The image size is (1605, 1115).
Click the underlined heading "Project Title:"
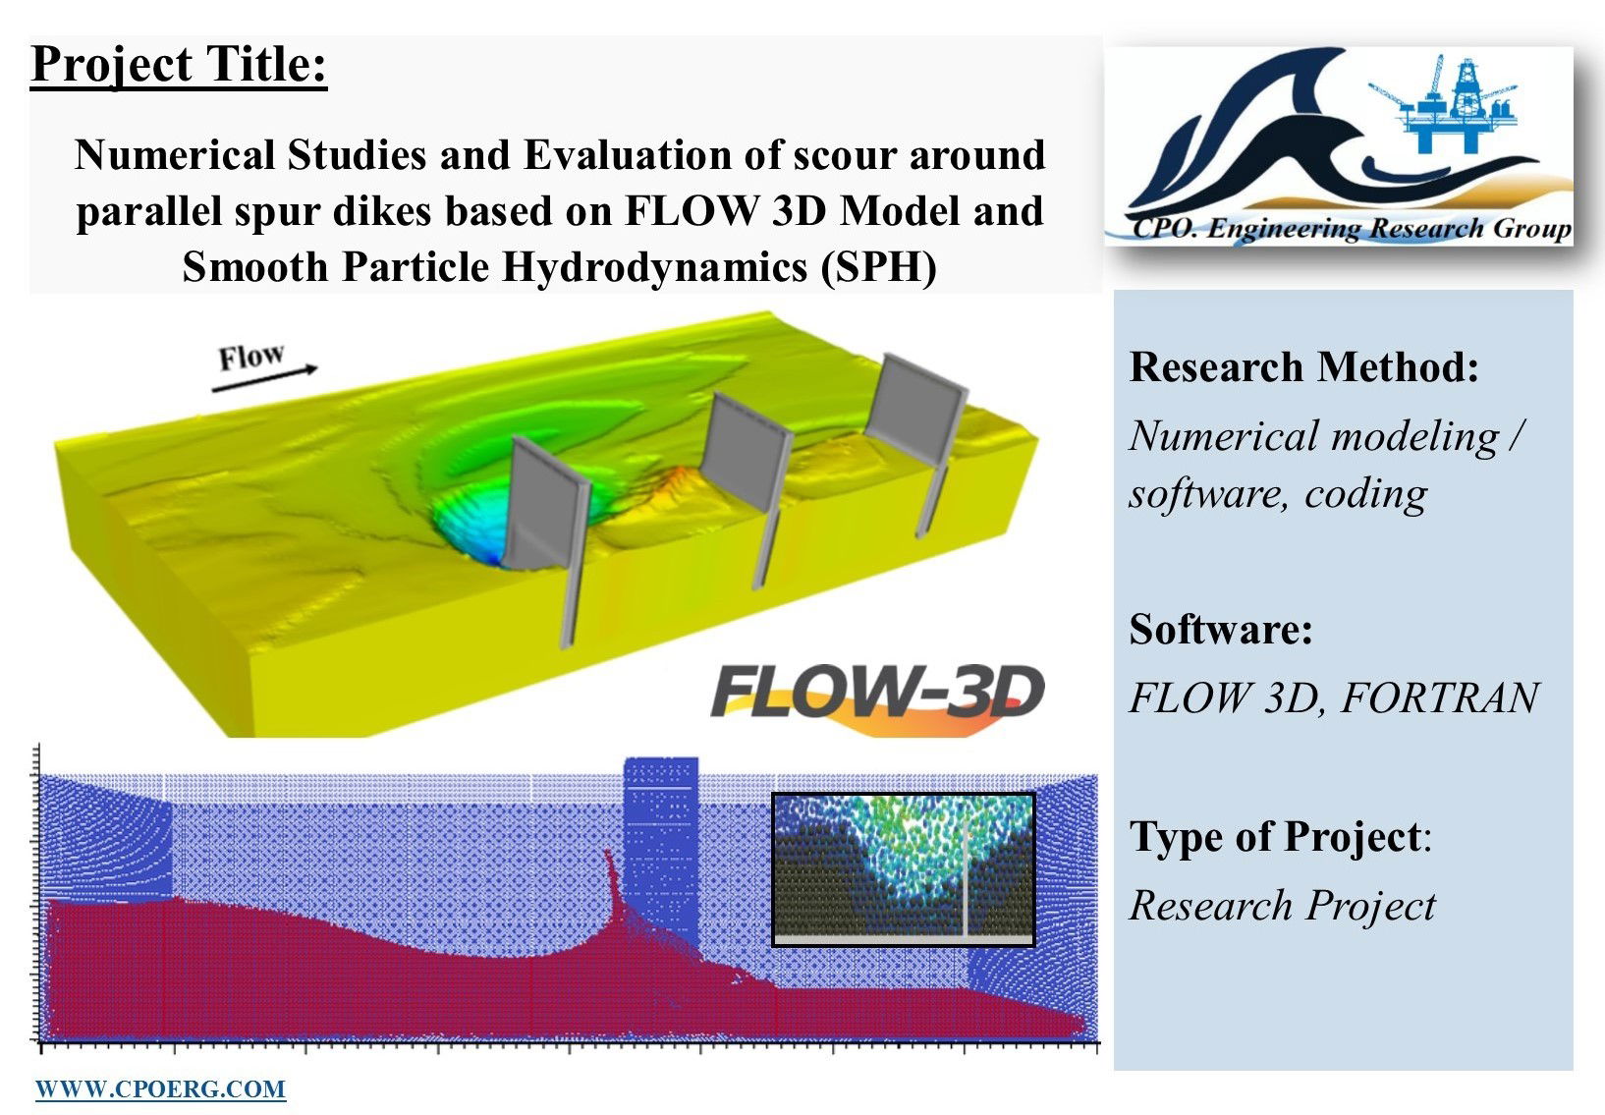[x=179, y=65]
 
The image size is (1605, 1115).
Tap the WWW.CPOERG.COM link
[x=160, y=1089]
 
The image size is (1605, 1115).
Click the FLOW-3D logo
[x=878, y=697]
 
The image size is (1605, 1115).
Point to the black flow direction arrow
[x=265, y=379]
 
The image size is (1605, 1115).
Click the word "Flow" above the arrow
[x=251, y=357]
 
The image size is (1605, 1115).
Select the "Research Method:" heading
[x=1304, y=367]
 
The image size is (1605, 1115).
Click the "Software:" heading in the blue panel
[x=1221, y=629]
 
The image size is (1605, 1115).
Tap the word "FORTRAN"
[x=1440, y=697]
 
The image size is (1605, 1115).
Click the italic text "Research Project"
[x=1283, y=905]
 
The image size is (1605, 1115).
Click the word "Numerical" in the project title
[x=175, y=155]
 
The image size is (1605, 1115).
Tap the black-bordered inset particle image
[x=904, y=869]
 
